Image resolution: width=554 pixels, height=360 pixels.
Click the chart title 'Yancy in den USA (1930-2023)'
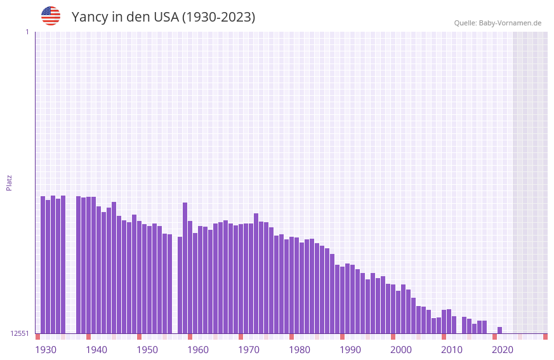coord(163,17)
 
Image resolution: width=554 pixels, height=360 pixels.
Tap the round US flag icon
coord(51,16)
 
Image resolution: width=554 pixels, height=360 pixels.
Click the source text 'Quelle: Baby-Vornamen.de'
coord(498,23)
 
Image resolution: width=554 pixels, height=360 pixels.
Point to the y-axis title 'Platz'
coord(9,182)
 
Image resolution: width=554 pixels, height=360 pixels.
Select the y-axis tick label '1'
coord(27,32)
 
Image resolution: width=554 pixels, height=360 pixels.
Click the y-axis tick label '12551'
coord(20,333)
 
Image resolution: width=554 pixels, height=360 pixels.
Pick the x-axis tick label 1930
coord(46,350)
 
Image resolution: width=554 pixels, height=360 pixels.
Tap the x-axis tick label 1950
coord(147,350)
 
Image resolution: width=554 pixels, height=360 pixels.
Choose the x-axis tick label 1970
coord(249,350)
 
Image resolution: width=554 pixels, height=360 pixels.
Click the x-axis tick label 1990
coord(350,350)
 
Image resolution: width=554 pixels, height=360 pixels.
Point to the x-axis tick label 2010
coord(452,350)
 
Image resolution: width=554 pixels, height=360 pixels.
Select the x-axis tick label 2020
coord(503,350)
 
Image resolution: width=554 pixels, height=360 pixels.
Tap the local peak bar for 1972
coord(256,273)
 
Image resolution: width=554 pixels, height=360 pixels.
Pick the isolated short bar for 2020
coord(500,330)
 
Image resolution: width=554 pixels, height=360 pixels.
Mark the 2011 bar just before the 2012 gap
coord(454,324)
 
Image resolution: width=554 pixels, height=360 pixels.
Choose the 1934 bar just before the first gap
coord(63,264)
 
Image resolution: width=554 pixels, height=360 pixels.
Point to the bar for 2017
coord(485,327)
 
